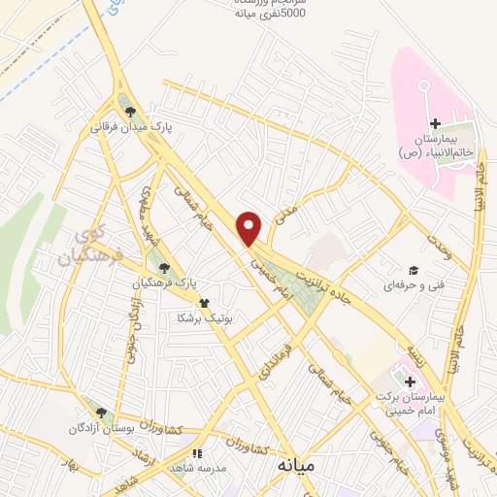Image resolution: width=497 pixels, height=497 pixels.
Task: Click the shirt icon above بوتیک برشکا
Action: coord(203,303)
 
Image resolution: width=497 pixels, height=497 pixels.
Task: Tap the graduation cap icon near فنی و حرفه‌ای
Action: coord(413,270)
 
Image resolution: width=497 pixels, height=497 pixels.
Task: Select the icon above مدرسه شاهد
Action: coord(196,452)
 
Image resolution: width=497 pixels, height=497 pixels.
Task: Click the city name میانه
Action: coord(300,467)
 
